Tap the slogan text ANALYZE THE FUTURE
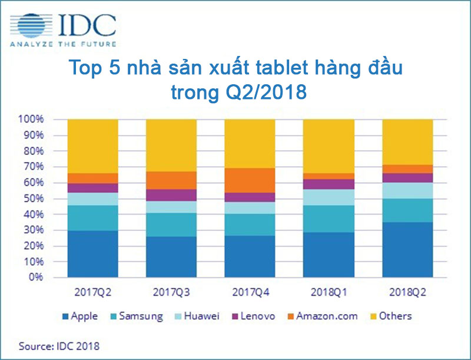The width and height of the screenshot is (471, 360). click(x=62, y=44)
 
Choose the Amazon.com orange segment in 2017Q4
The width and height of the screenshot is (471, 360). click(x=250, y=180)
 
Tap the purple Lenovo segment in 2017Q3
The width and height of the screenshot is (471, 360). click(x=171, y=195)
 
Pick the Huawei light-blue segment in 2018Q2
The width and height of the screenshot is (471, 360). click(x=407, y=190)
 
